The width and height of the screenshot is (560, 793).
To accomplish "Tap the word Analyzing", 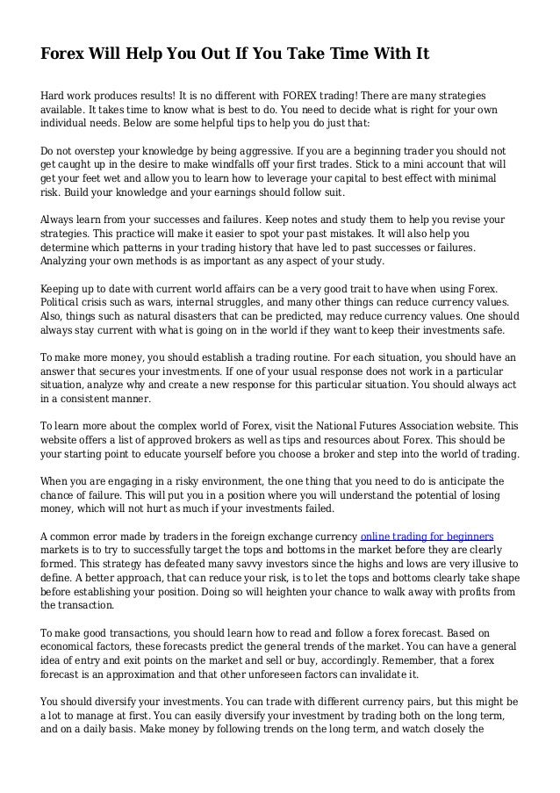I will tap(70, 263).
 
